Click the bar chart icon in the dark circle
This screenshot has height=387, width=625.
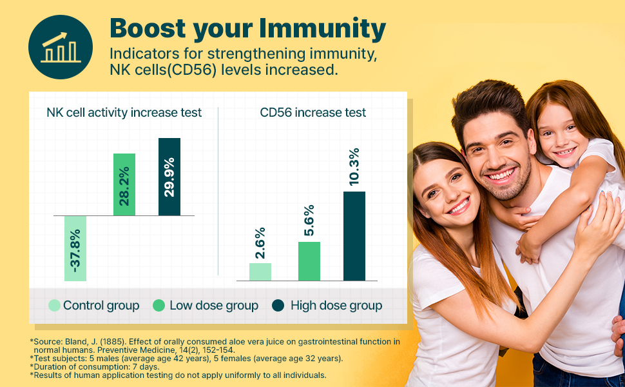[61, 48]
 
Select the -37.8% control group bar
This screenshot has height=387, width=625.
[75, 248]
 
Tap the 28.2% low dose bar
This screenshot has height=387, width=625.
[124, 184]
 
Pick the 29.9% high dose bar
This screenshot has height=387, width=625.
[169, 177]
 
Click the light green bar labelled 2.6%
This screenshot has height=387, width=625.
[260, 272]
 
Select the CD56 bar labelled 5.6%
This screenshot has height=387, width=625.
[309, 261]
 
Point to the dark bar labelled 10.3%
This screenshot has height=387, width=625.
[354, 236]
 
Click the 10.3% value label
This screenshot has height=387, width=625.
[354, 167]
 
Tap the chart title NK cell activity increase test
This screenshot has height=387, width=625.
[124, 112]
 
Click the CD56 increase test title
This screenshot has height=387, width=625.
[313, 112]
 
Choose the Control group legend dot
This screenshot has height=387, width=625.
[54, 306]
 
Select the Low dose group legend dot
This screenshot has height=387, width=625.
[159, 306]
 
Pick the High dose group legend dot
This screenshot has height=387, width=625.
[278, 306]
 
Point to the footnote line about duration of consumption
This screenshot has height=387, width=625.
[95, 366]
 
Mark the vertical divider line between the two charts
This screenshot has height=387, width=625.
[218, 191]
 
